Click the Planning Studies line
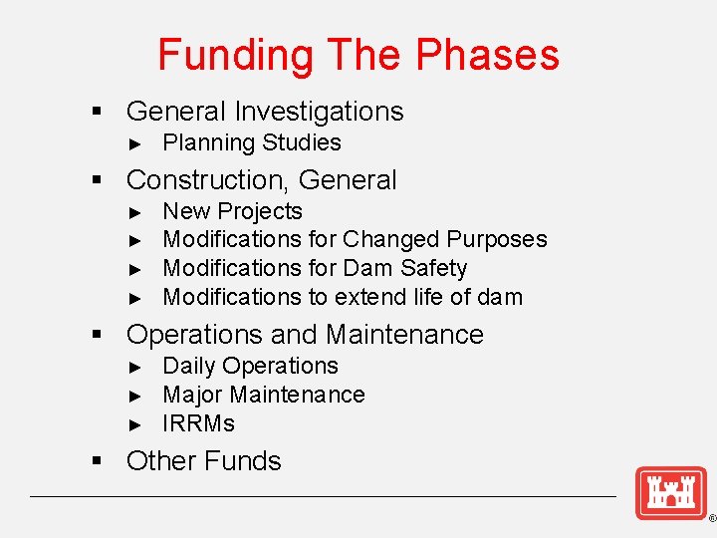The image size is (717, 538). coord(251,142)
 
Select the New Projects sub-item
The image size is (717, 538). coord(232,211)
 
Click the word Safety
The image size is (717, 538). coord(430,268)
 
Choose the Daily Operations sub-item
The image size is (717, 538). coord(250,366)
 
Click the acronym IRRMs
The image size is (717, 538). coord(198,423)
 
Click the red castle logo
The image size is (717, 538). coord(670,492)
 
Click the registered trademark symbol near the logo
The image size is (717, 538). coord(711,519)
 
